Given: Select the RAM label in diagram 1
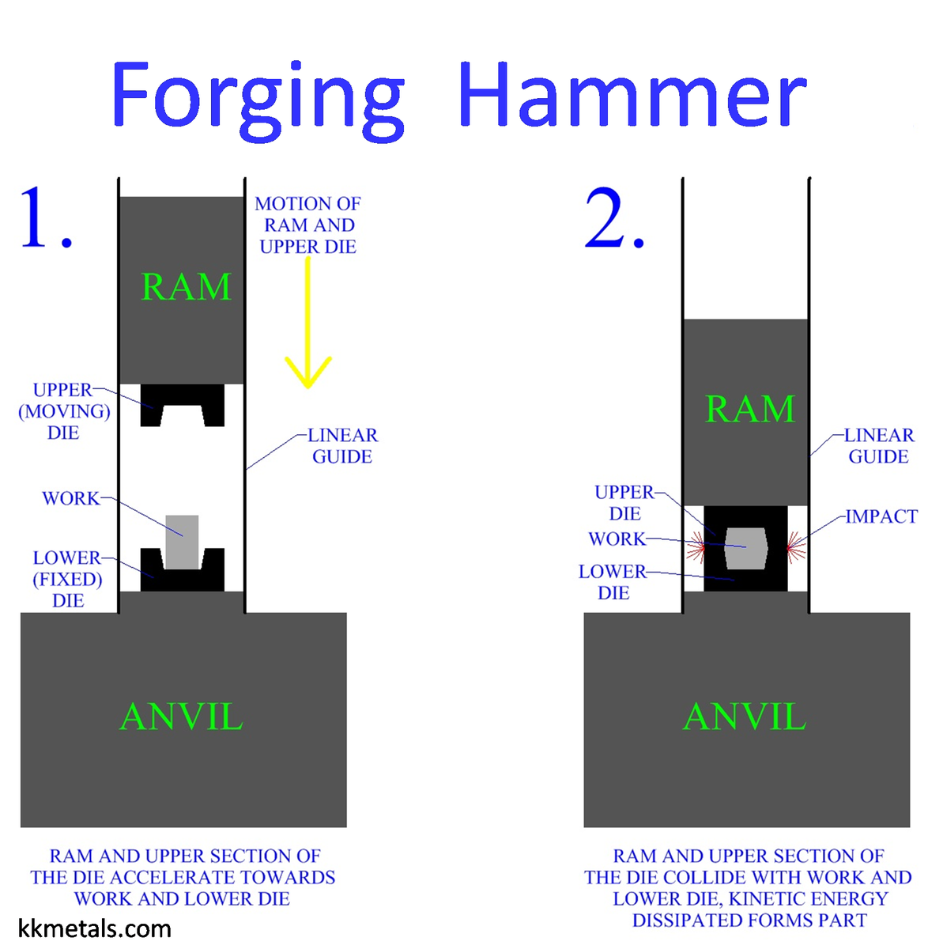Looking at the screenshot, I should click(186, 286).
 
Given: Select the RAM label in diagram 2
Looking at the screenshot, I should click(749, 409).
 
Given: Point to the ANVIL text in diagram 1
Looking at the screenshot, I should click(181, 717).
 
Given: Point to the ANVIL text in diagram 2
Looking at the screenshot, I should click(745, 717).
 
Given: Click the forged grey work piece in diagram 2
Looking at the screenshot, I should click(745, 548).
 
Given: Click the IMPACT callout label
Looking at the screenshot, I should click(881, 516).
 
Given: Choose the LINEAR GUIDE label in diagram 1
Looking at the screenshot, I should click(342, 446).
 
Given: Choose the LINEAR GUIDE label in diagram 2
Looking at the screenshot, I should click(879, 446).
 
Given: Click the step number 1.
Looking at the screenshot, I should click(45, 217).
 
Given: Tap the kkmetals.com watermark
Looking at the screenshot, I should click(94, 928).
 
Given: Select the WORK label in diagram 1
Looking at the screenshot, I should click(71, 498).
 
